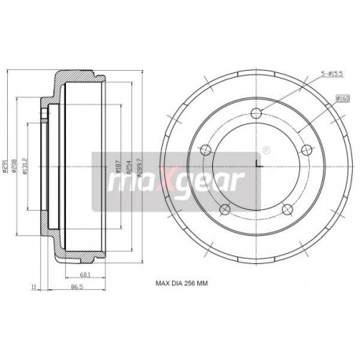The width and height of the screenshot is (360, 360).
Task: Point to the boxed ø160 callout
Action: [342, 97]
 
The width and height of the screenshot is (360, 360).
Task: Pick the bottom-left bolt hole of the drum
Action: [225, 208]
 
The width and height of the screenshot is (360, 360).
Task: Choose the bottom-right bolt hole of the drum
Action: [286, 208]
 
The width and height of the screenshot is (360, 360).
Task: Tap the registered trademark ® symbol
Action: [265, 150]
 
